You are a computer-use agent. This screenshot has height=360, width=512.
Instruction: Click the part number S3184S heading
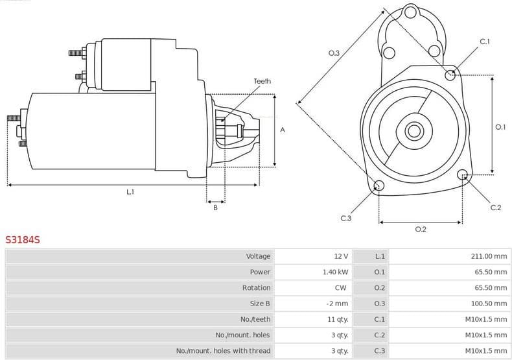point(23,239)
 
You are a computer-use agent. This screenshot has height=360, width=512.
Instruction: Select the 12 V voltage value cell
point(341,256)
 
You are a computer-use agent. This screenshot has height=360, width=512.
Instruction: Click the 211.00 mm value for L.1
point(489,256)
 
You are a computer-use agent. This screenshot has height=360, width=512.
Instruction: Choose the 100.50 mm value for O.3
point(489,304)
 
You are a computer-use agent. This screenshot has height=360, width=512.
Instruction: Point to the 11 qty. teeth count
point(337,319)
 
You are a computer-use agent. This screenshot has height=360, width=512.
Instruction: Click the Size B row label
point(260,304)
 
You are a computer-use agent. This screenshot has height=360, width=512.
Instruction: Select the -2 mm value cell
point(338,304)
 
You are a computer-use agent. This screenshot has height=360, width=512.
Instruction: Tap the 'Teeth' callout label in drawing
point(262,81)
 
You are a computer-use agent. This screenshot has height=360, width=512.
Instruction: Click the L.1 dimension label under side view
point(130,191)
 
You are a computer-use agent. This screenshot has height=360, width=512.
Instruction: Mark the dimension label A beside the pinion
point(282,130)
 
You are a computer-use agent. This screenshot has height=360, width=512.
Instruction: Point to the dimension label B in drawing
point(215,207)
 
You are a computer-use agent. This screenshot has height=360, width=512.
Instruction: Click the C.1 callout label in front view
point(484,42)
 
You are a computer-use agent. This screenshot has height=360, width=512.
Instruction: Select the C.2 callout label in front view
point(495,207)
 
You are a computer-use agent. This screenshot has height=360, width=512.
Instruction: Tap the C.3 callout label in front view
point(345,218)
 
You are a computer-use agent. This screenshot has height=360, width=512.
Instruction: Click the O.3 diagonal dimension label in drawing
point(334,53)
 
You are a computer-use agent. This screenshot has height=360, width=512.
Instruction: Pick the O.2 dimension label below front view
point(420,229)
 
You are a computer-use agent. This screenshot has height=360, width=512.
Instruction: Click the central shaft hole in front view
point(413,130)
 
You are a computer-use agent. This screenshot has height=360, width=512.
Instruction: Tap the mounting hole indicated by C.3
point(380,187)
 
